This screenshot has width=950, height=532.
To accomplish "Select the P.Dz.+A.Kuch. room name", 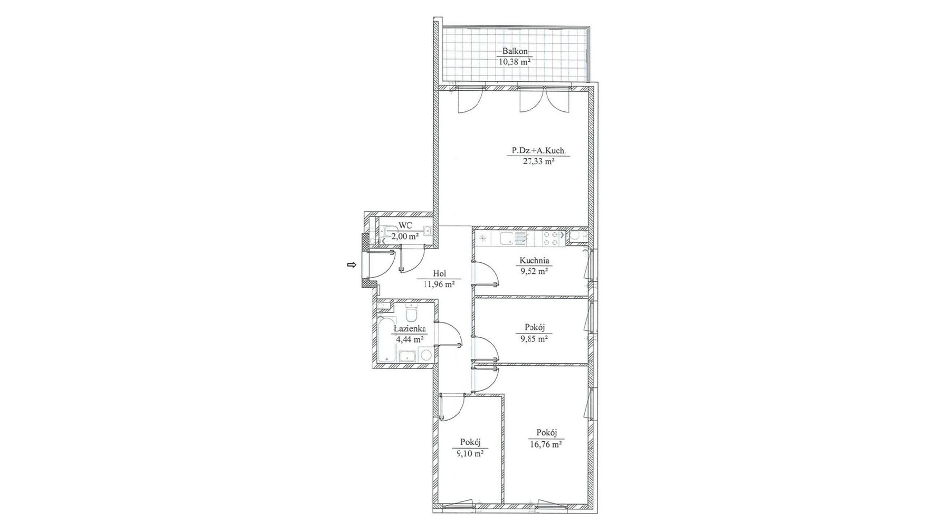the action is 538,151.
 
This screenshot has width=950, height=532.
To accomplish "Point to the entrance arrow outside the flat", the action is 351,265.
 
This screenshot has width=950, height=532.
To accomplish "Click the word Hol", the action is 439,273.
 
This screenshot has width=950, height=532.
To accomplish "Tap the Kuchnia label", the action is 534,260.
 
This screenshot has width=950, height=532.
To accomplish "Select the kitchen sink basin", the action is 507,239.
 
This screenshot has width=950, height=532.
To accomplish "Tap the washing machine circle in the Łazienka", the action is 426,355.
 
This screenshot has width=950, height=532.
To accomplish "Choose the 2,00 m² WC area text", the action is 405,236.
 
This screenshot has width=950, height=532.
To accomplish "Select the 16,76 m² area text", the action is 545,444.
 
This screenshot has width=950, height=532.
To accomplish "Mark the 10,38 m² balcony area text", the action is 515,62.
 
